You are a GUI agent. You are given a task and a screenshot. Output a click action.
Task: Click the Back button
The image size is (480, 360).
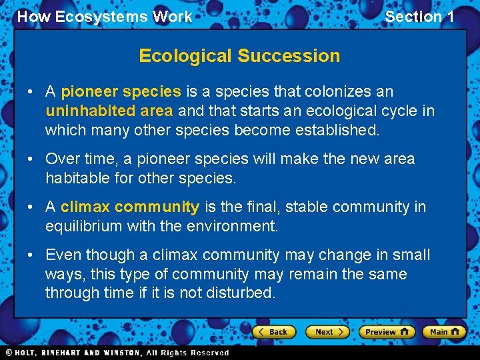coord(273,331)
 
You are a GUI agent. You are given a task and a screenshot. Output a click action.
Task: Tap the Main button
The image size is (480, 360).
coord(445,331)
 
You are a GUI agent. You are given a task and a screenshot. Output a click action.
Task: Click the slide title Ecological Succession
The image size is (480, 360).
coord(239,56)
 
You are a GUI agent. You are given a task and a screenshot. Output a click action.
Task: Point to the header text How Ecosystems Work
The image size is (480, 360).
coord(104,17)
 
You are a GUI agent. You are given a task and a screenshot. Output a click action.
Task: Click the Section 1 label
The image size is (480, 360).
coord(419,17)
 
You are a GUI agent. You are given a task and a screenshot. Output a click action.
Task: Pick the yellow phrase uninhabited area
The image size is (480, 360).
coord(109,111)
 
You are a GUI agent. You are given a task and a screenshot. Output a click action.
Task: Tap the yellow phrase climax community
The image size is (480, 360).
coord(130,207)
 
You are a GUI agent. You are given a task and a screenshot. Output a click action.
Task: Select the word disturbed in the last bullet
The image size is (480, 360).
coord(242,293)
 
